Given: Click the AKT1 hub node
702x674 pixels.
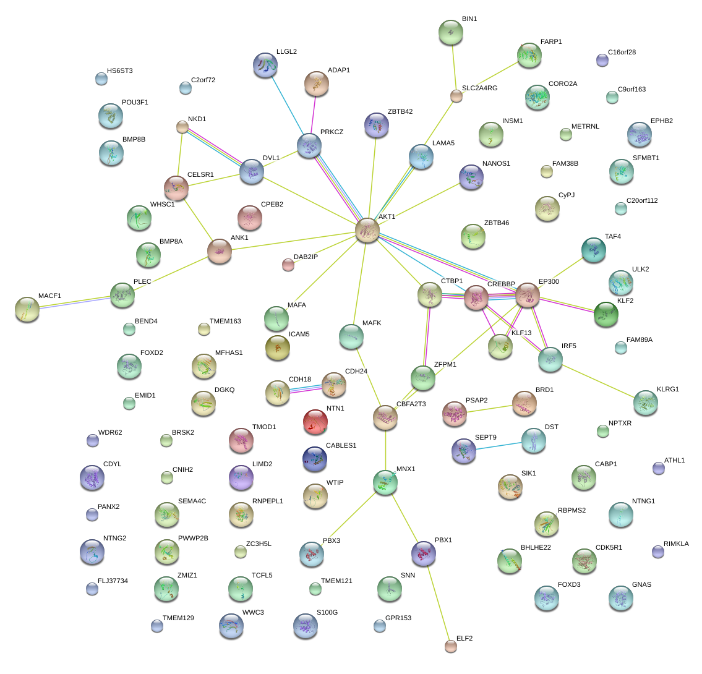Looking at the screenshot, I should pyautogui.click(x=367, y=230).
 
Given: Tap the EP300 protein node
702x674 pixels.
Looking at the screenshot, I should pyautogui.click(x=528, y=296).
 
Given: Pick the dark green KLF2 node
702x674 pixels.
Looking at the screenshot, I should pyautogui.click(x=606, y=314).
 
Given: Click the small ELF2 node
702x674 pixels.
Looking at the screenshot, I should pyautogui.click(x=451, y=646).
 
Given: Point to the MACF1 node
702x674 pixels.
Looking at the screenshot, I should pyautogui.click(x=27, y=309).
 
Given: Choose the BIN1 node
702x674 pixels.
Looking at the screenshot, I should pyautogui.click(x=450, y=32).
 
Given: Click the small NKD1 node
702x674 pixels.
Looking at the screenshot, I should pyautogui.click(x=182, y=127).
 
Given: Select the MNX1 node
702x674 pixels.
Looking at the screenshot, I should pyautogui.click(x=385, y=482).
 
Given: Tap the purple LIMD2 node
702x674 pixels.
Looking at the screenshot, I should pyautogui.click(x=241, y=477).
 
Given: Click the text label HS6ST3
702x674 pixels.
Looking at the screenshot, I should pyautogui.click(x=119, y=71).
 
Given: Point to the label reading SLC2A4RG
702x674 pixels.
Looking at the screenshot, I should pyautogui.click(x=479, y=88).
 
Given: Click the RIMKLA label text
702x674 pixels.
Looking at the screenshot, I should pyautogui.click(x=676, y=544).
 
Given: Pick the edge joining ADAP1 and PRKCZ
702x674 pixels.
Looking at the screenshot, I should pyautogui.click(x=314, y=115).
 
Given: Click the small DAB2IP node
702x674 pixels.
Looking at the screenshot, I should pyautogui.click(x=288, y=265).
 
